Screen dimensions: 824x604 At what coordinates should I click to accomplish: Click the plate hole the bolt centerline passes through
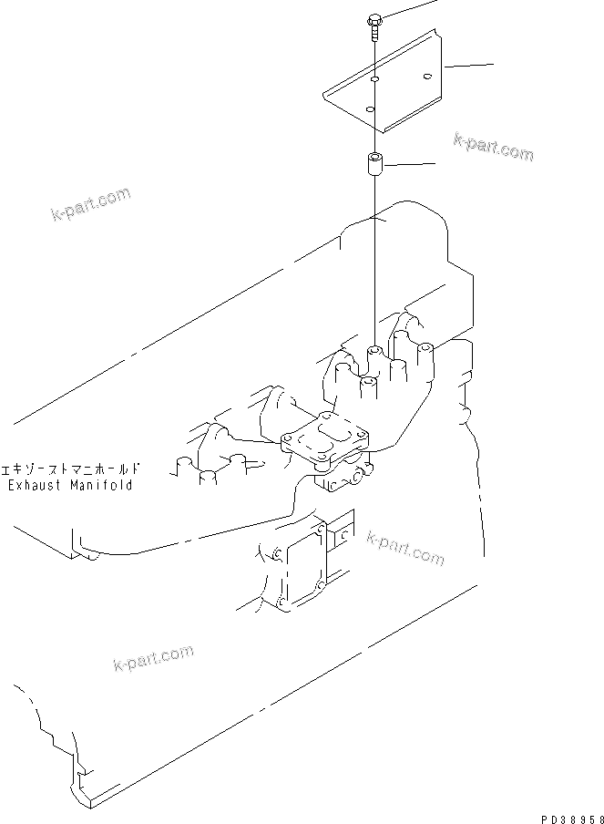coord(375,81)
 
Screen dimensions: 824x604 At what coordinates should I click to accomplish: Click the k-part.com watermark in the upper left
coord(90,205)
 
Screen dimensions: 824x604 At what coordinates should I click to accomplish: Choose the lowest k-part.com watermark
coord(153,657)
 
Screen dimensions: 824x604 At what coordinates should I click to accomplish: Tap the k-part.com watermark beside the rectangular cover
coord(405,547)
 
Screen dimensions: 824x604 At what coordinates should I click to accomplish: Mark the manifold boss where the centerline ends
coord(374,353)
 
